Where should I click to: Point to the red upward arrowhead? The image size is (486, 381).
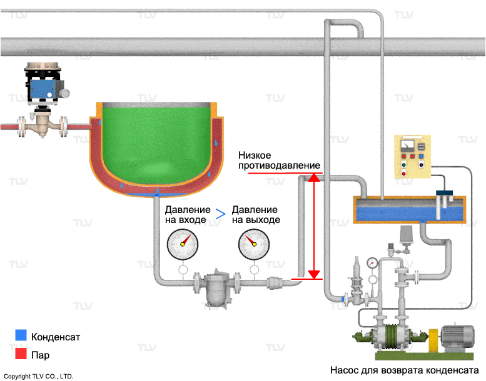click(x=315, y=179)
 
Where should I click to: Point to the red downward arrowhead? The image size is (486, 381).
click(x=315, y=274)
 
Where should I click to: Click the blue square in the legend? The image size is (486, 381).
click(x=21, y=335)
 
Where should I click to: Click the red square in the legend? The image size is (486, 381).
click(x=21, y=354)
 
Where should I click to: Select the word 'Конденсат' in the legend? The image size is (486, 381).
click(x=56, y=337)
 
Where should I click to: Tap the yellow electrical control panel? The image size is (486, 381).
click(x=412, y=156)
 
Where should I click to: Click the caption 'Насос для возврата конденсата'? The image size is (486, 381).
click(x=403, y=370)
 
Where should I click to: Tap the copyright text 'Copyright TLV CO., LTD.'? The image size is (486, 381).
click(x=39, y=376)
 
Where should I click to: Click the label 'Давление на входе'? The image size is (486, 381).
click(x=186, y=215)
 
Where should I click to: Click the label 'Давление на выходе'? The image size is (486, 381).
click(x=255, y=215)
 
